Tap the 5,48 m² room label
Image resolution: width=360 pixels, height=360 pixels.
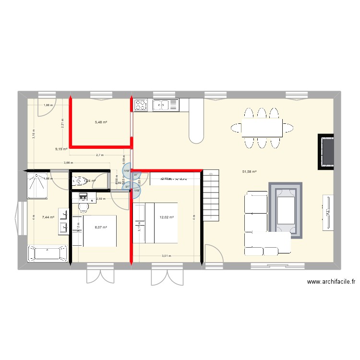(101, 122)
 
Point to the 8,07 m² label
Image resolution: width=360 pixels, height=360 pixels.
(100, 228)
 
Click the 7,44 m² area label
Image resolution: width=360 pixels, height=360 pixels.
(48, 217)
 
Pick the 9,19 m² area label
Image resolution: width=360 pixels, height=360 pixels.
(61, 149)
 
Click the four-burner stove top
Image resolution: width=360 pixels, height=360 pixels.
(141, 105)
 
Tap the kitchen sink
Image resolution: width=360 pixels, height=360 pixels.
(166, 104)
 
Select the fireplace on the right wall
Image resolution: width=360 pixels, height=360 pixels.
(326, 152)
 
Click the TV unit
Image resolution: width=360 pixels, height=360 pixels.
(328, 212)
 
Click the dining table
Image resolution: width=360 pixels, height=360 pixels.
(262, 128)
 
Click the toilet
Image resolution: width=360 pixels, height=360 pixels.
(79, 181)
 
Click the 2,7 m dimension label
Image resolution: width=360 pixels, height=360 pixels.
(99, 155)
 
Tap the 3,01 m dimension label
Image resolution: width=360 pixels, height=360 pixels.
(166, 256)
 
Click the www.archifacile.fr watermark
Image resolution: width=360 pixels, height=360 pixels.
(331, 283)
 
